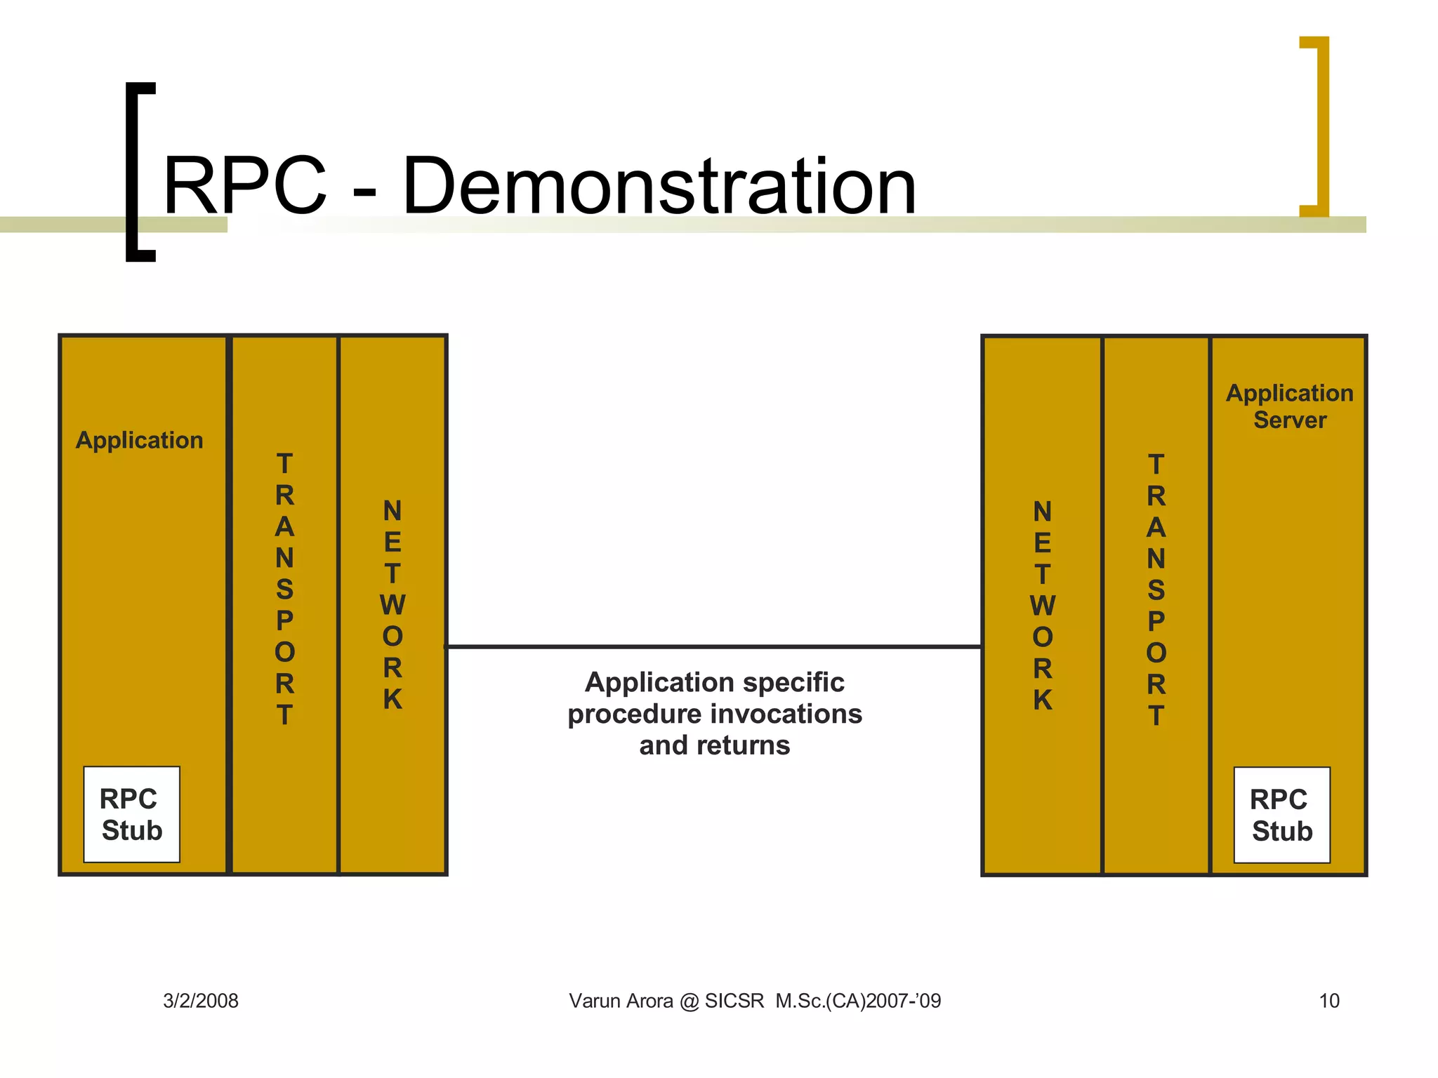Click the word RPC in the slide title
[245, 186]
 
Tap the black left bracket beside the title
[133, 172]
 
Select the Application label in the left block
[139, 440]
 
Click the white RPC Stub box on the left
[132, 814]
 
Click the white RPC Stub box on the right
[1281, 815]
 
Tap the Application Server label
[1289, 406]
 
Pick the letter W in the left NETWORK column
[393, 605]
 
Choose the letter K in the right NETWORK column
[1043, 700]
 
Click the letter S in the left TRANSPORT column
[284, 590]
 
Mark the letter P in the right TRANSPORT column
[1156, 622]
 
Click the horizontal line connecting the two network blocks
[714, 646]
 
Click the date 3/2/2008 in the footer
[201, 1001]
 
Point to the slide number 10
[1328, 1001]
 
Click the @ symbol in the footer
[690, 1002]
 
